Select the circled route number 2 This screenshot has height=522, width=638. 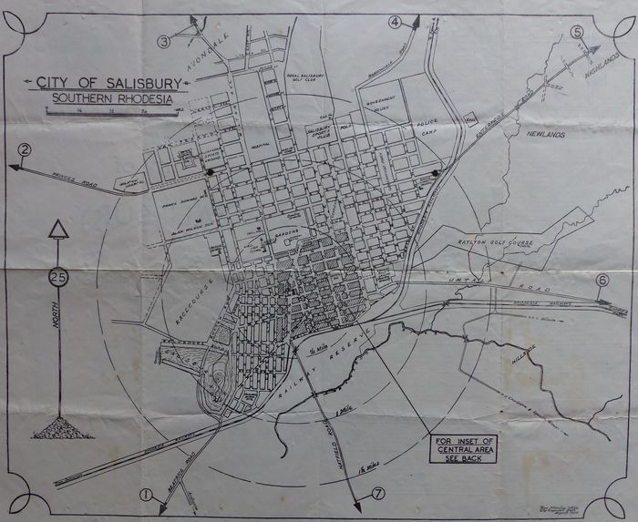pos(26,149)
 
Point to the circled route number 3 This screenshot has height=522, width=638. pos(164,41)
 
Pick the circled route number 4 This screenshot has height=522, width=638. pos(395,21)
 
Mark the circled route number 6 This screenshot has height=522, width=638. pos(602,281)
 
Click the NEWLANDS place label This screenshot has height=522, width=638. pos(542,134)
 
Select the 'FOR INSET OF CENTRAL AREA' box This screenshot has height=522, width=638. pos(465,449)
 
